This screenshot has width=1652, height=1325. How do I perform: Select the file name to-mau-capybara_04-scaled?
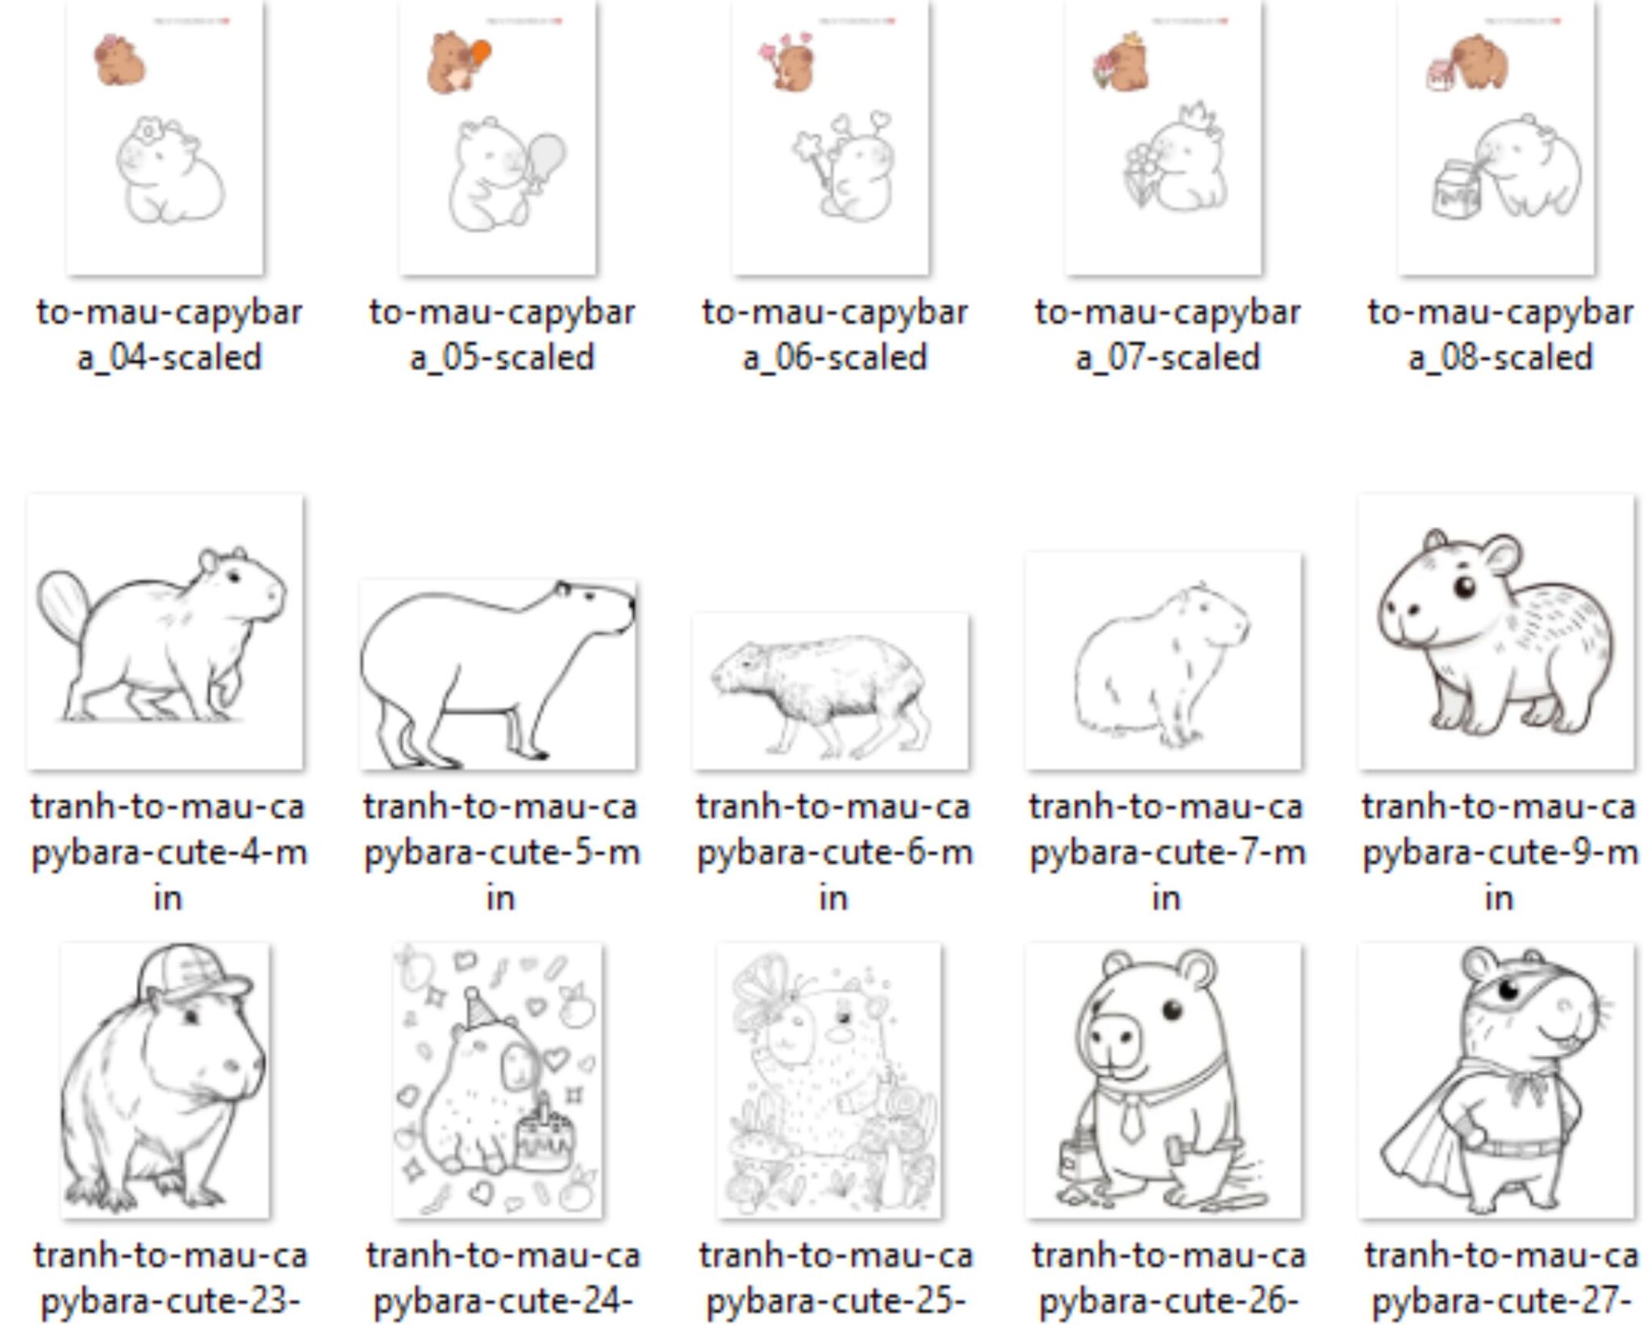point(169,335)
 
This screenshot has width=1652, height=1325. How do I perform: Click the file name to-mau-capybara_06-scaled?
point(834,335)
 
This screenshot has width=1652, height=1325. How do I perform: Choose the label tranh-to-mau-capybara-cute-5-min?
point(500,852)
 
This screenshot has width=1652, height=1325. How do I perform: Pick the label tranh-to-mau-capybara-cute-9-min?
point(1499,852)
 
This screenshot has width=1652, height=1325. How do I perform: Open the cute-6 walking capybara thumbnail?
point(831,691)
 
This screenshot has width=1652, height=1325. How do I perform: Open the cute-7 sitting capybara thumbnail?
point(1163,661)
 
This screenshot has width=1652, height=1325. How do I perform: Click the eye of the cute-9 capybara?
point(1464,586)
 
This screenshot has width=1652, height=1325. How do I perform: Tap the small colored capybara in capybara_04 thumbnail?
point(119,60)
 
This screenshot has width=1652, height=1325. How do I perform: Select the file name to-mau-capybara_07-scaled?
point(1166,335)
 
